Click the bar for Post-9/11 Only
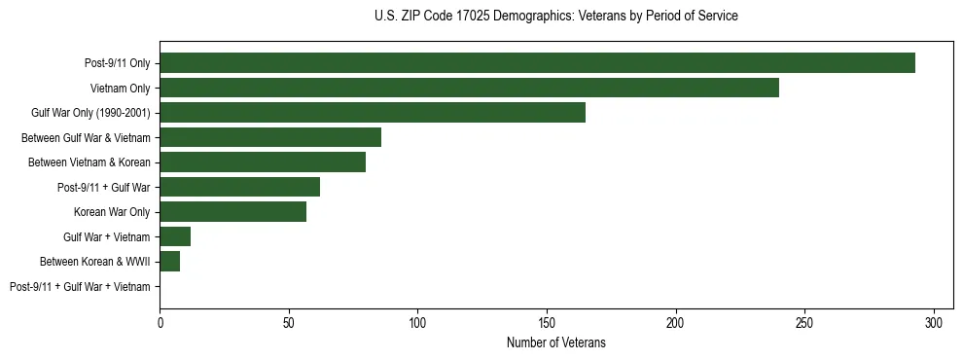click(537, 63)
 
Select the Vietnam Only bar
click(469, 88)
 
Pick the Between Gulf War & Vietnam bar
click(270, 137)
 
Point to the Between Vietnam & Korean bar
click(263, 162)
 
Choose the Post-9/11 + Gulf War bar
click(239, 187)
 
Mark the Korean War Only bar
click(233, 212)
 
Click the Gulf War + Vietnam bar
click(175, 236)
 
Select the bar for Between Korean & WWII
click(170, 262)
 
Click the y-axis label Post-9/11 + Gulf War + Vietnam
click(80, 287)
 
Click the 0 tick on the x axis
click(160, 322)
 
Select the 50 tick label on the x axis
click(289, 322)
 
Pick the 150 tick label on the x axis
click(547, 322)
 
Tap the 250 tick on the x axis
click(804, 322)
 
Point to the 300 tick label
click(934, 322)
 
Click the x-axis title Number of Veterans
click(555, 342)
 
